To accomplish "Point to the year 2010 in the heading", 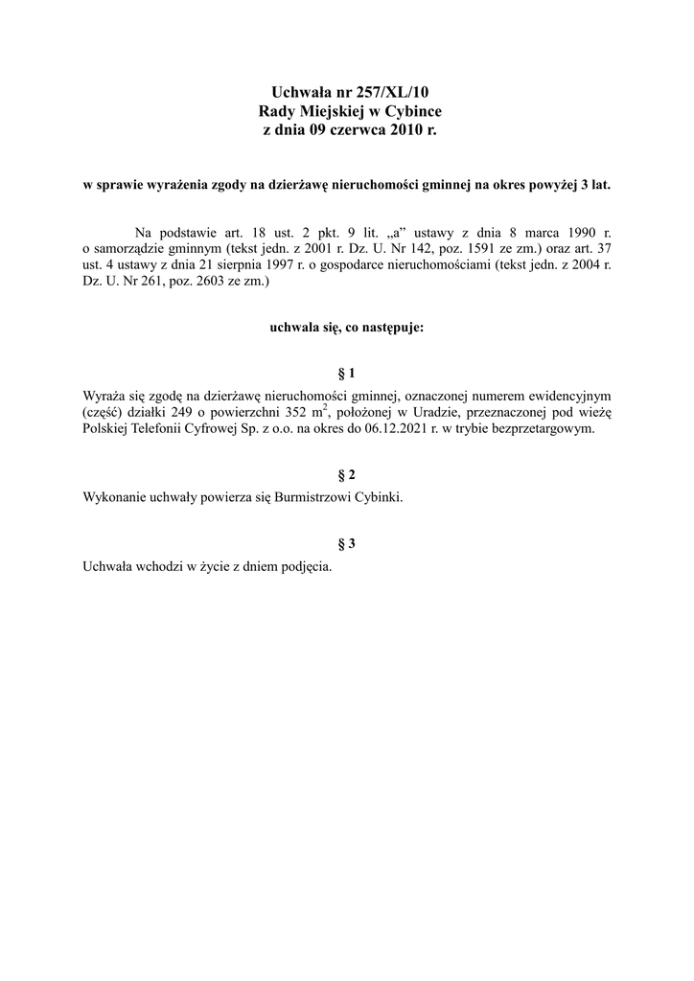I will tap(407, 129).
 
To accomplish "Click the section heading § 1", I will tap(347, 372).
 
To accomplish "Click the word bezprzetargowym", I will tap(541, 429).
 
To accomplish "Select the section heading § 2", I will tap(347, 475).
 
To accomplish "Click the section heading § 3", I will tap(347, 544).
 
